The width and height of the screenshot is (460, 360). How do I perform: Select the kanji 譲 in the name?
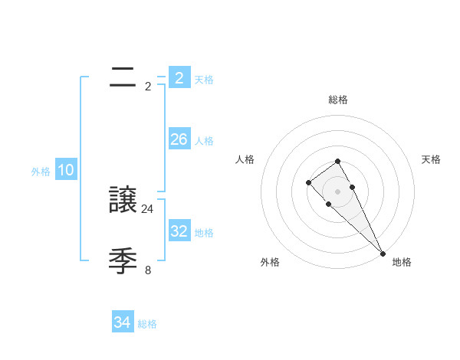(x=123, y=201)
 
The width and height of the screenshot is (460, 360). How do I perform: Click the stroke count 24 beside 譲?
(x=148, y=208)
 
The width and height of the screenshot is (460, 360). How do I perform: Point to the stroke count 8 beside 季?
(x=148, y=270)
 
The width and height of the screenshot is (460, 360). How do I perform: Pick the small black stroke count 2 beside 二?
(x=148, y=86)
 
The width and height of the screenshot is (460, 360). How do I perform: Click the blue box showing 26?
(x=179, y=139)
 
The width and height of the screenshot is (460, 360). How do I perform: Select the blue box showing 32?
(x=179, y=231)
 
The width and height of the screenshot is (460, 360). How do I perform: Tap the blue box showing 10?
(x=65, y=171)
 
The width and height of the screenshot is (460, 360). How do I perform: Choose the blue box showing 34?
(x=122, y=323)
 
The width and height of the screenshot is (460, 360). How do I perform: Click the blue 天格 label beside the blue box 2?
(x=204, y=79)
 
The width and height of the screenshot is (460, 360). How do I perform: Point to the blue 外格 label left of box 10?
(x=41, y=172)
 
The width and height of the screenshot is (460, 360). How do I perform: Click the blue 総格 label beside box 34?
(x=147, y=324)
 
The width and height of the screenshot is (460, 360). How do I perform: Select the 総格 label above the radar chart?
(x=337, y=100)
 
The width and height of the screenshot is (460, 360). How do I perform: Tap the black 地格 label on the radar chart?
(x=402, y=262)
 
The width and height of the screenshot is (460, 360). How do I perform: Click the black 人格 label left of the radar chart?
(x=245, y=159)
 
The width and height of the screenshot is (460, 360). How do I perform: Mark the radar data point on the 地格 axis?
(x=383, y=254)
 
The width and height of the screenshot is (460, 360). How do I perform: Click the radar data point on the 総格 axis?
(x=337, y=161)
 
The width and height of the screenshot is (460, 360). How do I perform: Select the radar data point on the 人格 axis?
(x=308, y=182)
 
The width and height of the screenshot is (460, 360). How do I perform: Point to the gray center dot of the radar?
(x=337, y=191)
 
